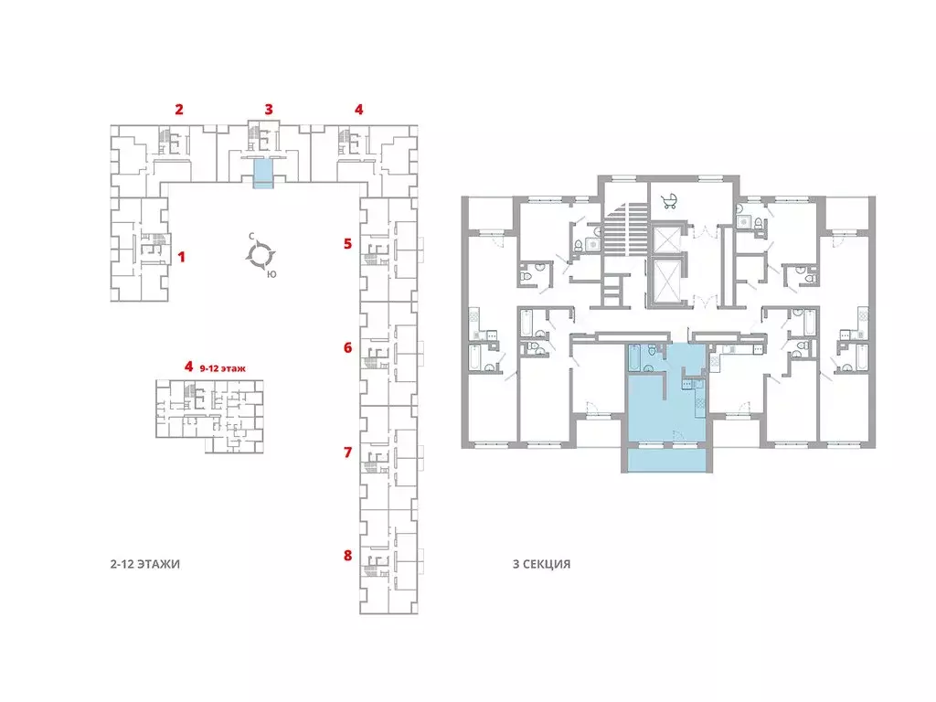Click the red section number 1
[182, 257]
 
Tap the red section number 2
[179, 110]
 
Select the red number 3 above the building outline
[269, 110]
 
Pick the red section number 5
[347, 243]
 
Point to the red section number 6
[348, 347]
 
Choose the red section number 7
[348, 452]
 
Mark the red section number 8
[348, 555]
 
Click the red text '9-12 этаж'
[223, 368]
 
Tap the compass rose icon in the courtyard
[261, 256]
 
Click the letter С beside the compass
[252, 237]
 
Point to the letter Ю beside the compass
[271, 274]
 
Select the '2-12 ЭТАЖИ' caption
[145, 564]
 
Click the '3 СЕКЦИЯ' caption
[541, 564]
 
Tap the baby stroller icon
[669, 201]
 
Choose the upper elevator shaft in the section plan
[666, 239]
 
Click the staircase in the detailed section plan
[624, 230]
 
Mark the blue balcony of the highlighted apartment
[666, 460]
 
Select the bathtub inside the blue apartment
[634, 358]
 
